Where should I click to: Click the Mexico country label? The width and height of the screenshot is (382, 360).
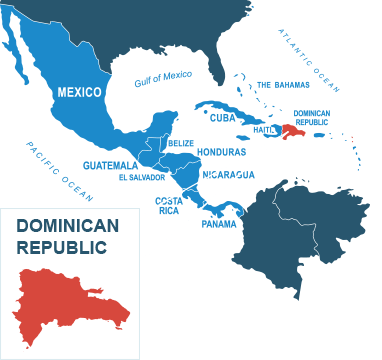79,92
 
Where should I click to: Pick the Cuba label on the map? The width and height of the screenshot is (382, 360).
223,117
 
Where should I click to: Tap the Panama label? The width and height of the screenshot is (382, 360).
219,223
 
